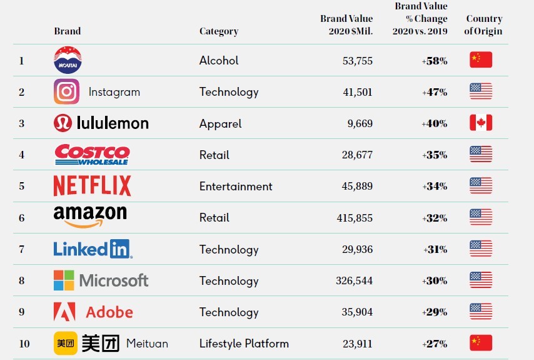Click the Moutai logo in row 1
coord(68,60)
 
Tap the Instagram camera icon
coord(66,92)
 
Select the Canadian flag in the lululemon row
coord(481,123)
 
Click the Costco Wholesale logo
coord(92,155)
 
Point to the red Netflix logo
coord(92,186)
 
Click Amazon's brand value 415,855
coord(354,218)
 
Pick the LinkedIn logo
coord(93,249)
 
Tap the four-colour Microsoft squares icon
coord(64,280)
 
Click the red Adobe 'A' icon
coord(64,312)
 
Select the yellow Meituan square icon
coord(65,343)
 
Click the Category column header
coord(219,31)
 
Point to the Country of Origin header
coord(483,25)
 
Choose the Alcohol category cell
coord(219,61)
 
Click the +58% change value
coord(435,61)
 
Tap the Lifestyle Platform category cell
coord(244,343)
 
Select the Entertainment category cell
coord(236,187)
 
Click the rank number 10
coord(24,343)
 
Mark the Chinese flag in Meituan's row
coord(481,343)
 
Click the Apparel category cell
coord(220,123)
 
